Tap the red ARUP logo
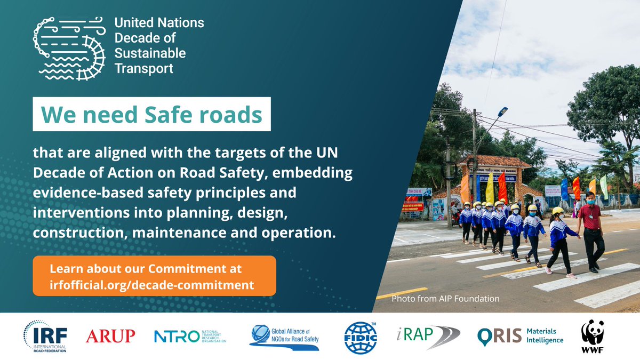[110, 337]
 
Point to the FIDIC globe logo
[361, 337]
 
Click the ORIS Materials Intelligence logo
[520, 337]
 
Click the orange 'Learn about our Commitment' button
[154, 276]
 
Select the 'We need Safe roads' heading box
[151, 114]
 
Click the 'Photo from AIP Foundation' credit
[445, 299]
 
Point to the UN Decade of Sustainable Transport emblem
[69, 47]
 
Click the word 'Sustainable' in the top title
[150, 53]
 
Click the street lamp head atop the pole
[501, 111]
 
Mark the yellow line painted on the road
[402, 293]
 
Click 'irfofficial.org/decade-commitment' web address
[151, 285]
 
